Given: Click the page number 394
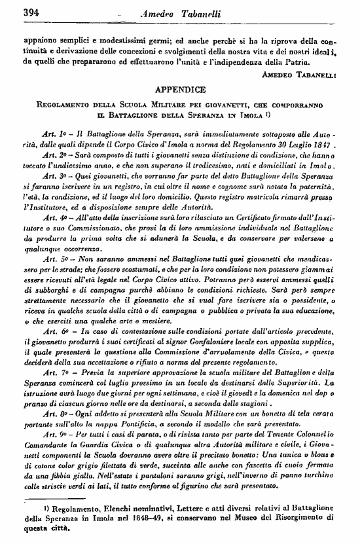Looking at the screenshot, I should pos(13,10).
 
